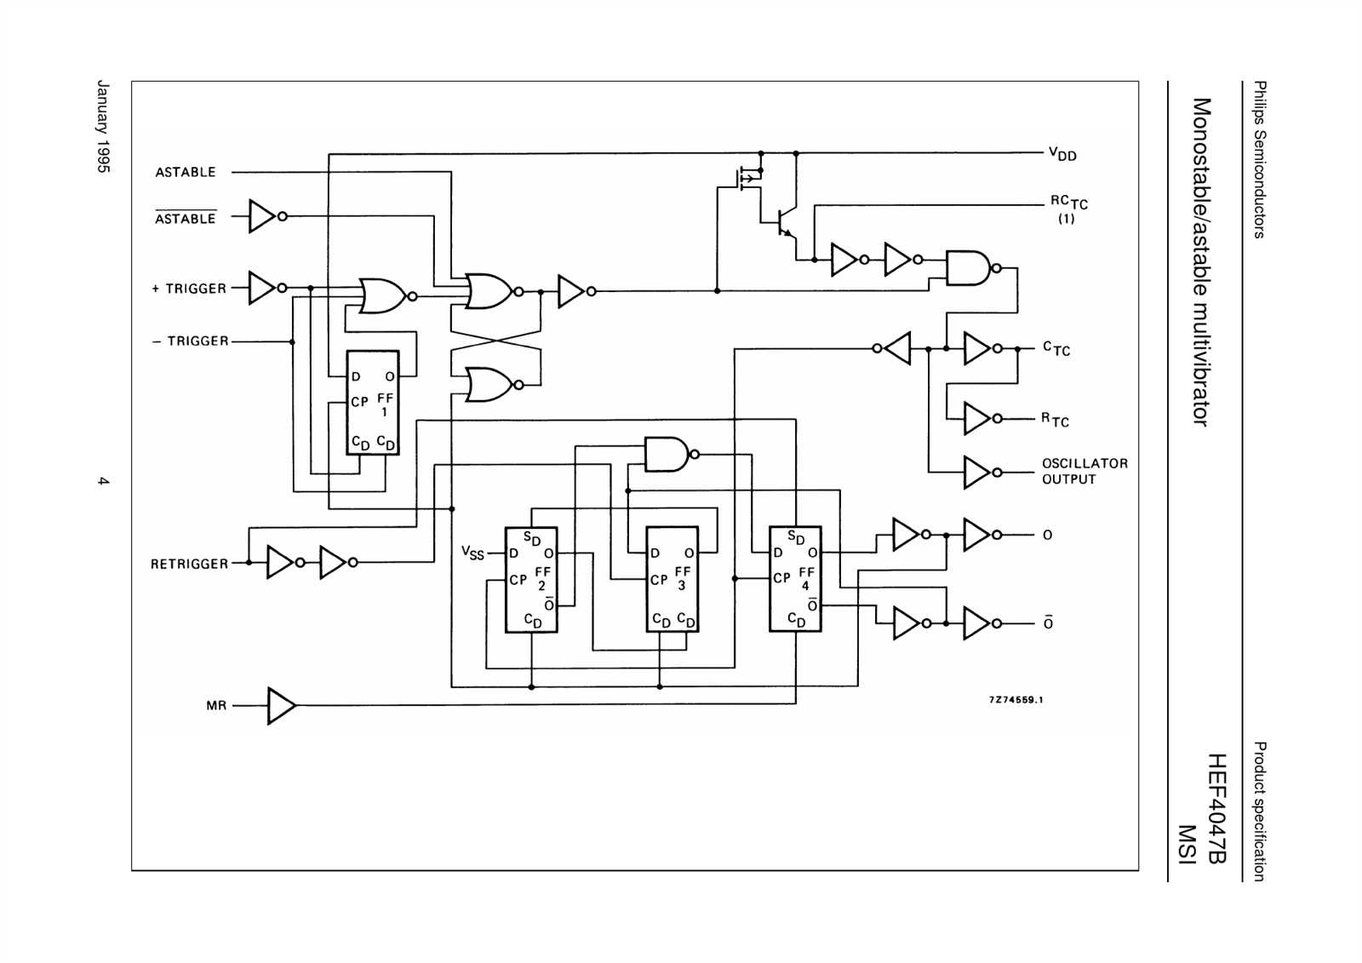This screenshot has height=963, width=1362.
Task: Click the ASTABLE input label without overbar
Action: click(186, 172)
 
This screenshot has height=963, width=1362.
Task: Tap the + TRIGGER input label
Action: click(189, 289)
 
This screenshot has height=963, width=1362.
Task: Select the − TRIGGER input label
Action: click(191, 341)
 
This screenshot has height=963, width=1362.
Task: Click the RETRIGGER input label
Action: click(189, 564)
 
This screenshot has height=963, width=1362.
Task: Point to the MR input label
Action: click(216, 706)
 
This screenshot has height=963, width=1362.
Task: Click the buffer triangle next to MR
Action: click(280, 706)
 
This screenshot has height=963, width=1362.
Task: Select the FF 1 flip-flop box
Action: click(373, 402)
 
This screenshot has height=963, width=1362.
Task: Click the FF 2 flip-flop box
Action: click(531, 579)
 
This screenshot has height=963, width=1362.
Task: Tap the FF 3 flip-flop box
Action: click(672, 579)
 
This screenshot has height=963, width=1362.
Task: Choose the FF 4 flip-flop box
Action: click(795, 579)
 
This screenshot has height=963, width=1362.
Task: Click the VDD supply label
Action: click(1062, 154)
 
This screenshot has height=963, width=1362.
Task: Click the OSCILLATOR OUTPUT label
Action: click(1084, 471)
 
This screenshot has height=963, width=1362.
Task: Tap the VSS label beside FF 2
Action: click(472, 553)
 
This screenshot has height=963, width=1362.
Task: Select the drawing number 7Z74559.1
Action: click(1016, 700)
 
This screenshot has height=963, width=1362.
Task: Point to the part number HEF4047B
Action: click(1216, 808)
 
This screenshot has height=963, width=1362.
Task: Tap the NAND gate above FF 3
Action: click(666, 455)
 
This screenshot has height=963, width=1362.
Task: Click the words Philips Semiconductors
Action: click(1260, 159)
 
